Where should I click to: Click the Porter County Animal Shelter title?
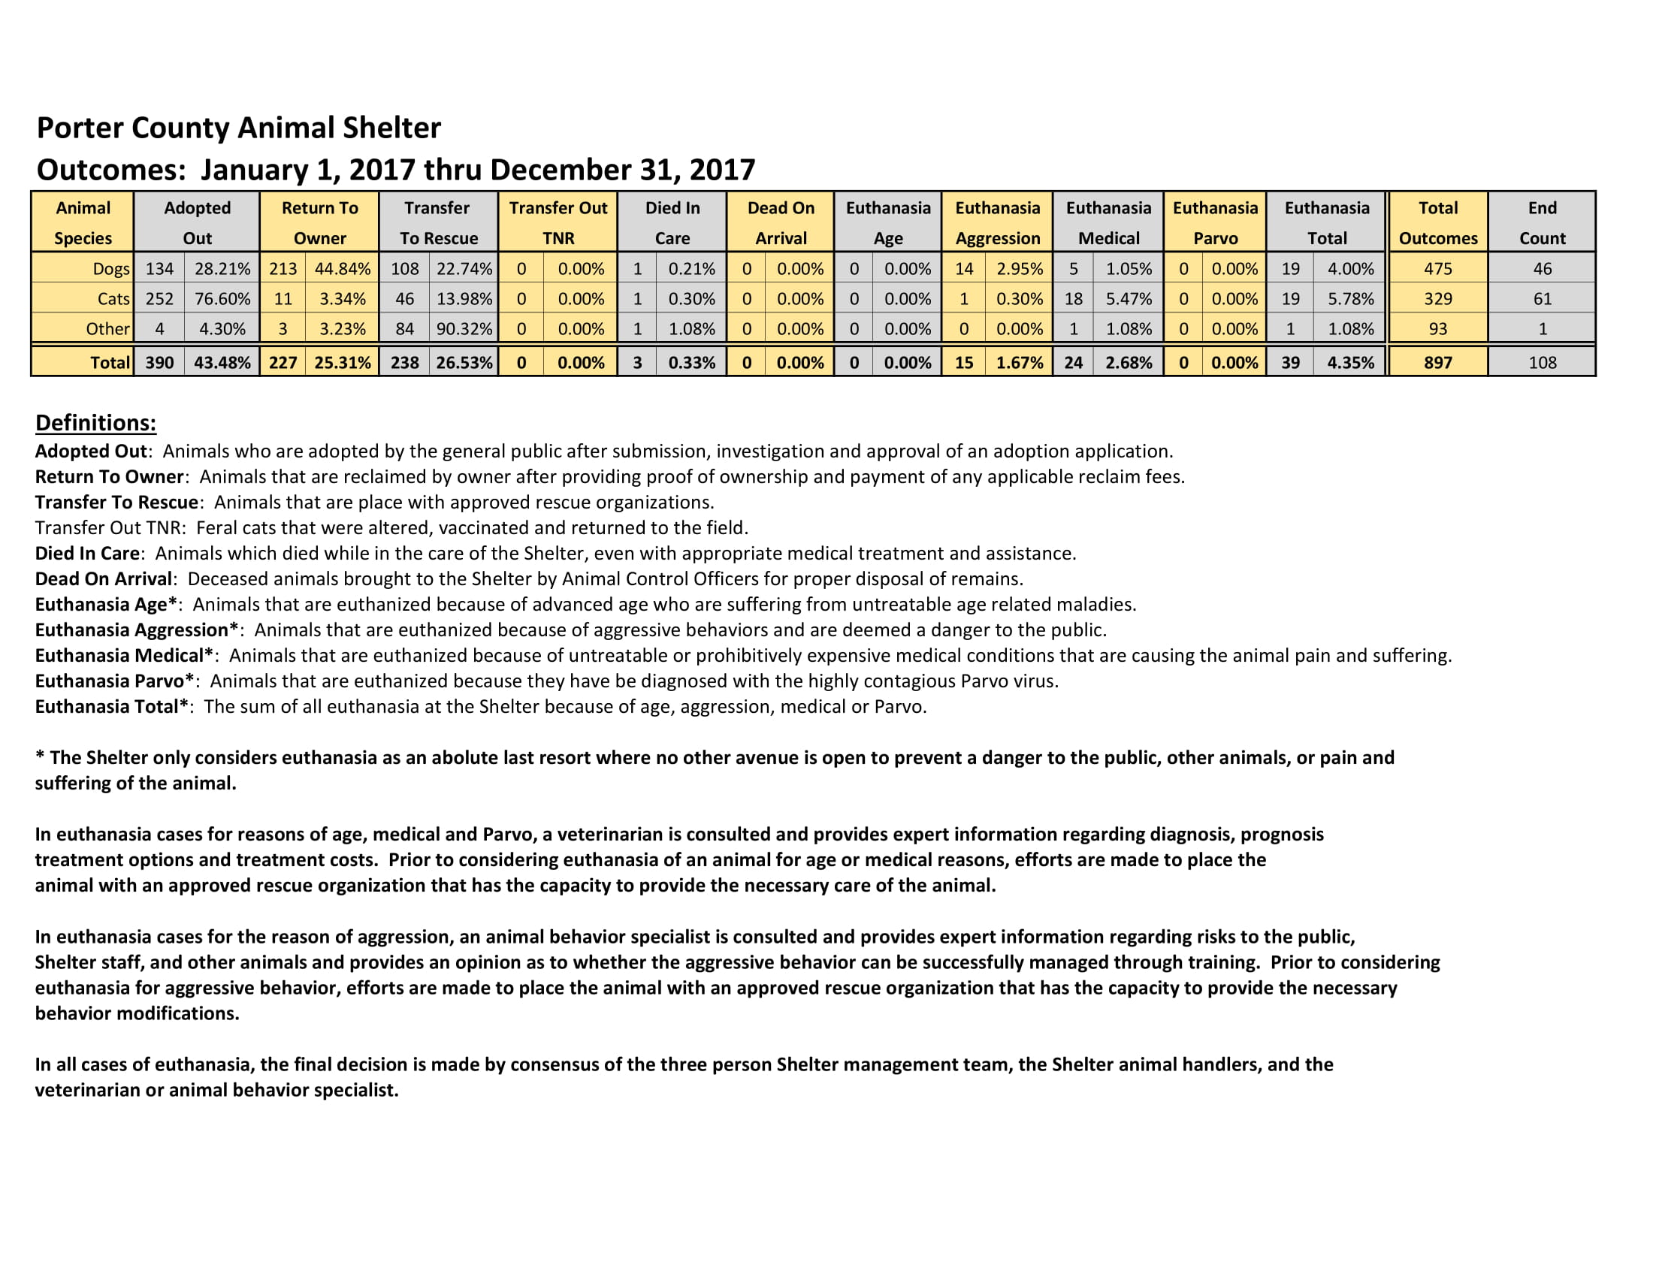click(x=238, y=128)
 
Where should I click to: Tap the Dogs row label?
click(x=110, y=269)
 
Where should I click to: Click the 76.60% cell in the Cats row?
click(x=222, y=299)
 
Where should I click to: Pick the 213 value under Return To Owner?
click(x=283, y=269)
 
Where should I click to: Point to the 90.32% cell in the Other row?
click(x=464, y=329)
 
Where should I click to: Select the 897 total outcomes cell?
click(x=1437, y=362)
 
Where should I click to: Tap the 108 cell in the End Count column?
click(x=1542, y=362)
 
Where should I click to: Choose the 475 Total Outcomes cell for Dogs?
click(x=1437, y=269)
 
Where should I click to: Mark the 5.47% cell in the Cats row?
click(x=1128, y=299)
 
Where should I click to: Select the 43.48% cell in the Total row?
click(x=222, y=362)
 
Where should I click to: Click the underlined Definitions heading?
click(x=96, y=422)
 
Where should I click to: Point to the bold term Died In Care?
click(x=87, y=553)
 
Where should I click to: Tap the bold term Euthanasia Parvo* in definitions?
click(x=114, y=681)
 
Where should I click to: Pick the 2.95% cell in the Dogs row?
click(x=1019, y=269)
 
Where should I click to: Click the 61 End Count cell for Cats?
click(x=1542, y=299)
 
